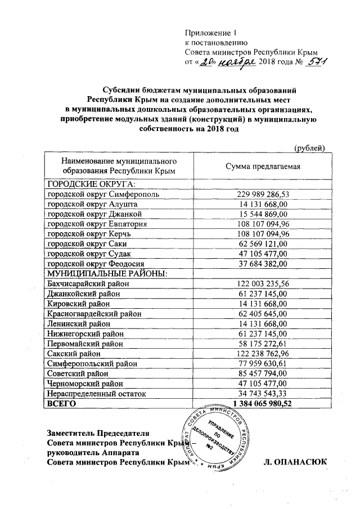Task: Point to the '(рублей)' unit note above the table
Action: click(310, 148)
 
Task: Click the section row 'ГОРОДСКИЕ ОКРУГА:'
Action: click(92, 184)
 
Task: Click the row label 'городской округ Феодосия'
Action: click(96, 264)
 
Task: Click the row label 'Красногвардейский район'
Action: click(94, 314)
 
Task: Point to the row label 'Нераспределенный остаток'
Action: click(96, 394)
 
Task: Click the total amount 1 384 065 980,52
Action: click(262, 404)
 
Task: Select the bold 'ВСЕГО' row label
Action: click(61, 404)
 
